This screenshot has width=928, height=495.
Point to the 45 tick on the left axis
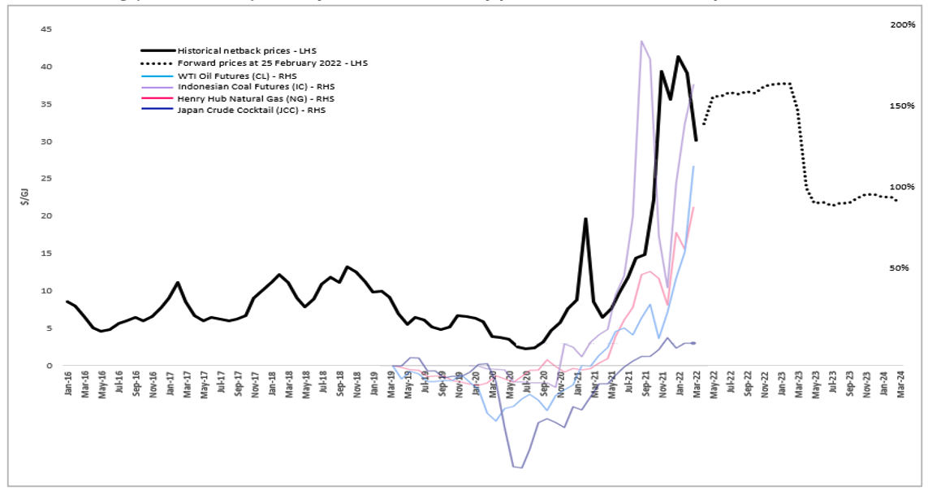pos(47,29)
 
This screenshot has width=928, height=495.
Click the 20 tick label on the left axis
pos(47,216)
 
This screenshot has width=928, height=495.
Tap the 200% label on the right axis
pos(902,25)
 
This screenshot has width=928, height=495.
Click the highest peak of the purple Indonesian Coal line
pos(641,41)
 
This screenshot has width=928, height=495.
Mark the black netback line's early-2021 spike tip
pos(585,219)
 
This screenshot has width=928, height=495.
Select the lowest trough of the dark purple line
pos(520,468)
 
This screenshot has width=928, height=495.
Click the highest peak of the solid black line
pos(678,56)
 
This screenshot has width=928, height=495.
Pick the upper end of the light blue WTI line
pos(693,166)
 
